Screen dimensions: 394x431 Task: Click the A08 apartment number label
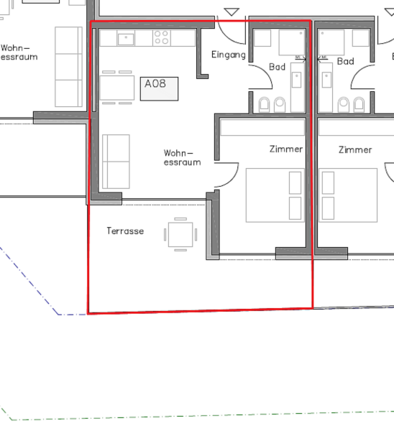[155, 83]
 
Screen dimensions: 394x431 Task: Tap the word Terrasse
[125, 231]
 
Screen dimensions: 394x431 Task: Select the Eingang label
[229, 55]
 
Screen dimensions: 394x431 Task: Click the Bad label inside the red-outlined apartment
[277, 67]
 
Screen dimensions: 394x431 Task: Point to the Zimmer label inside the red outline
[286, 149]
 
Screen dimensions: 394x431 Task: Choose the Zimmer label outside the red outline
[355, 150]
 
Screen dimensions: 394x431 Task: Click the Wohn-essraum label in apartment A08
[182, 157]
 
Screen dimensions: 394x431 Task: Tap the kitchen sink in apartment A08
[126, 39]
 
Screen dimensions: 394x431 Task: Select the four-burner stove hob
[162, 37]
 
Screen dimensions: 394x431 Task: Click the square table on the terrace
[180, 234]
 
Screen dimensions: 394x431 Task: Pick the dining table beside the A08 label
[117, 88]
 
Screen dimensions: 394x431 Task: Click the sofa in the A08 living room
[116, 162]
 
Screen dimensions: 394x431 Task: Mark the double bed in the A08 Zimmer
[275, 195]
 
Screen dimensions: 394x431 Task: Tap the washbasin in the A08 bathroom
[296, 80]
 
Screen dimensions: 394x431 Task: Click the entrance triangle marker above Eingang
[232, 11]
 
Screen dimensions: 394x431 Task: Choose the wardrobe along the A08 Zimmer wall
[262, 127]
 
